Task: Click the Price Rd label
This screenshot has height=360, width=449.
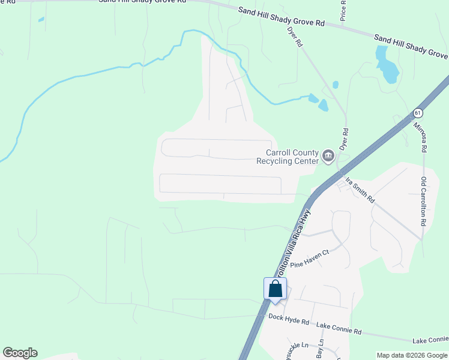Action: (343, 10)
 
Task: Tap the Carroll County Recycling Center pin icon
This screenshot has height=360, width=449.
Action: (328, 157)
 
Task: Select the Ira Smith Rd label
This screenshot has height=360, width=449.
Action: (360, 190)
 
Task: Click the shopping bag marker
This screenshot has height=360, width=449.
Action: (276, 289)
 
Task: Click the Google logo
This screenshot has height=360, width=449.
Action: (20, 353)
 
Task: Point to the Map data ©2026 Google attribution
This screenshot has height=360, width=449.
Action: (411, 355)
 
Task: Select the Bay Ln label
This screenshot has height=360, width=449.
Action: (319, 351)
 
